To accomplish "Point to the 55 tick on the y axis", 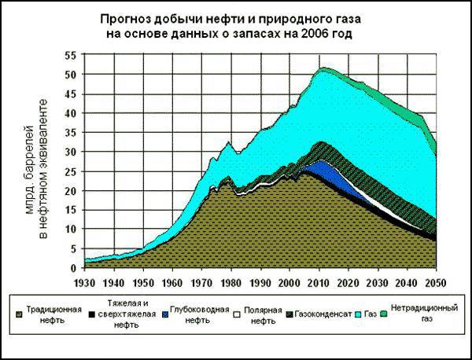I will point(71,56).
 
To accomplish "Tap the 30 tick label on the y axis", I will point(71,152).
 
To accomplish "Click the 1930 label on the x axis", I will point(85,281).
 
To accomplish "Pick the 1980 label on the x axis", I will point(227,281).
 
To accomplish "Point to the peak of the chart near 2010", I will point(323,69).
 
